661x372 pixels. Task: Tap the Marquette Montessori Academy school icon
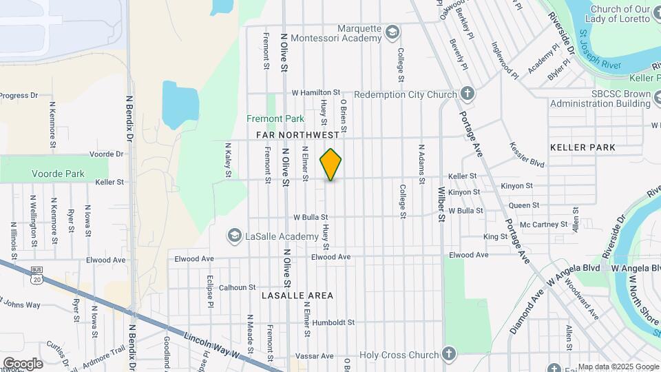point(392,32)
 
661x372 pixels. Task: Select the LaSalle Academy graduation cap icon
point(234,236)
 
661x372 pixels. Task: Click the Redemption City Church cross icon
point(467,94)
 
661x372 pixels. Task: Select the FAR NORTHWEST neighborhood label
point(297,135)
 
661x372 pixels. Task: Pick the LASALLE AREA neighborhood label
point(297,296)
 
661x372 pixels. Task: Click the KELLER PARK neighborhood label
point(583,147)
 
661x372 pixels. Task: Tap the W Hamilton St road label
point(316,92)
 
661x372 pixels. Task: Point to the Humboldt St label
point(333,322)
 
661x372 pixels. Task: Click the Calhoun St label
point(238,287)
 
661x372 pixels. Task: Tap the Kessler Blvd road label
point(527,156)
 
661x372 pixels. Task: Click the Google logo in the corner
point(23,363)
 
